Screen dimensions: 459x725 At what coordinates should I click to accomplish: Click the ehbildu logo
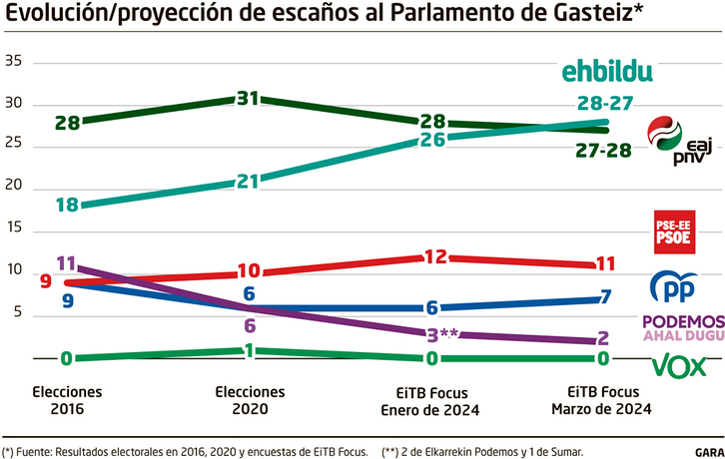[607, 70]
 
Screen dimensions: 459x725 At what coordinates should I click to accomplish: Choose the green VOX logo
[679, 365]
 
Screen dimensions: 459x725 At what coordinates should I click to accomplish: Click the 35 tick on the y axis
[13, 62]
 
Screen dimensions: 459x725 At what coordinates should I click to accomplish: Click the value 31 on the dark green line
[248, 99]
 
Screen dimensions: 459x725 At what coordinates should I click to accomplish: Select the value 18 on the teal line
[67, 205]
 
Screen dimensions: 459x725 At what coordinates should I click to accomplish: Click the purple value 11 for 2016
[67, 263]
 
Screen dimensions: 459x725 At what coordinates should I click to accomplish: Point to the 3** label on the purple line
[440, 334]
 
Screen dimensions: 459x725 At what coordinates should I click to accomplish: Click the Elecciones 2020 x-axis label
[249, 401]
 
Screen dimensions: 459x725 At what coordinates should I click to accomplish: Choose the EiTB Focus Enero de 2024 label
[431, 401]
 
